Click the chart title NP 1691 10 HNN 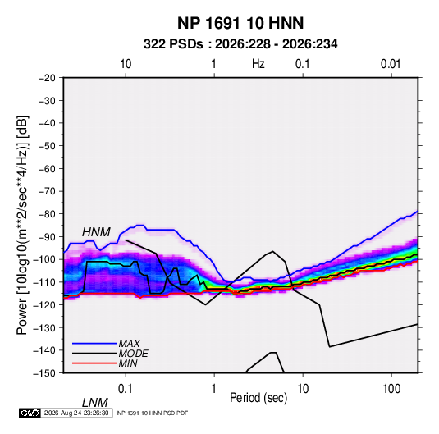(x=240, y=23)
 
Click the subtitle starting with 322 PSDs (x=240, y=44)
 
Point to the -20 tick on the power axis (x=47, y=78)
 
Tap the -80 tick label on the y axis (x=47, y=214)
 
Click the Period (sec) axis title (x=258, y=398)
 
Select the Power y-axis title (x=22, y=226)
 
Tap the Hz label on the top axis (x=258, y=64)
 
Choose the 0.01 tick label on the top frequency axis (x=391, y=64)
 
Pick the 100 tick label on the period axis (x=391, y=389)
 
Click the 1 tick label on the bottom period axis (x=214, y=389)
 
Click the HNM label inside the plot (x=96, y=232)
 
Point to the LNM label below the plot (x=94, y=403)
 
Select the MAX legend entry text (x=129, y=343)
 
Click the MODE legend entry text (x=133, y=354)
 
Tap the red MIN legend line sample (x=94, y=363)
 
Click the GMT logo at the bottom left (x=30, y=413)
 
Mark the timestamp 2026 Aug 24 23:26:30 (x=76, y=413)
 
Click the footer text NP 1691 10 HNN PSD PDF (x=153, y=413)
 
